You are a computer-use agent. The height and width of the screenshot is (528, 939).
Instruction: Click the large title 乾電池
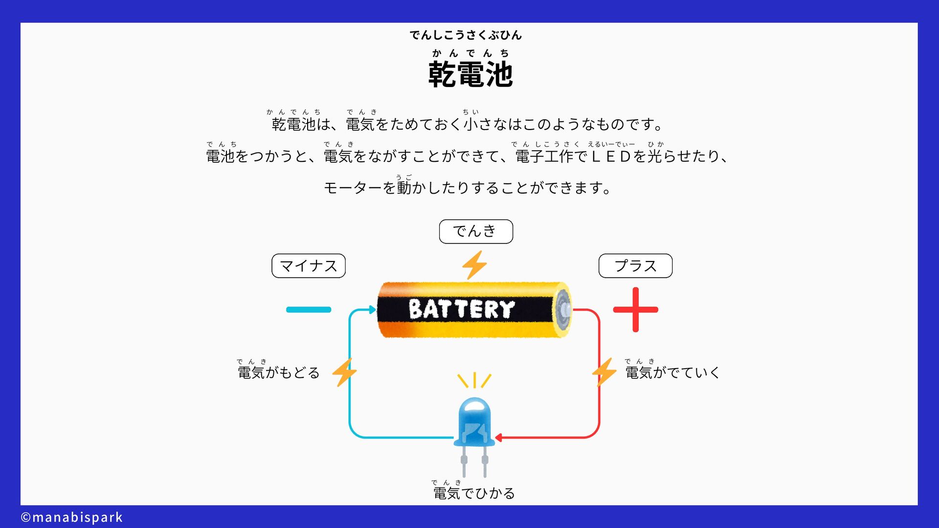click(x=470, y=74)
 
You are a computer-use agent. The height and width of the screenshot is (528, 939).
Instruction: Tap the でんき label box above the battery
click(x=475, y=231)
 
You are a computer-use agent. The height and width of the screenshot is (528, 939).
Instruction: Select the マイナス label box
click(x=308, y=266)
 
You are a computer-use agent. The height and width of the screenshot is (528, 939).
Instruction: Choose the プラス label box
click(x=635, y=266)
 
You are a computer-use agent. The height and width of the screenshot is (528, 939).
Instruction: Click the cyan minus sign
click(x=309, y=309)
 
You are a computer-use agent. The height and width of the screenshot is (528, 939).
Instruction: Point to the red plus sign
click(x=635, y=309)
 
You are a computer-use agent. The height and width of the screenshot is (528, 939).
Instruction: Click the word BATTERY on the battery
click(x=461, y=309)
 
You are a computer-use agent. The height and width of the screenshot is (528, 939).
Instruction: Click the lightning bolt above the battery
click(x=474, y=265)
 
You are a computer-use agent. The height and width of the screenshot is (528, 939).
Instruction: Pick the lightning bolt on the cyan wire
click(x=344, y=373)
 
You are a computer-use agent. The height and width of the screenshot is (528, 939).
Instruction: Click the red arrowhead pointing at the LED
click(x=499, y=438)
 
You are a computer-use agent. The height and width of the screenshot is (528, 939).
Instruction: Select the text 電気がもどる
click(x=278, y=373)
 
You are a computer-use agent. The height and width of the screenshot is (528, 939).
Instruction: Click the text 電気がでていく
click(x=672, y=373)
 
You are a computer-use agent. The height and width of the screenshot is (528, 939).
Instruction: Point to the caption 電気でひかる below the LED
click(x=474, y=493)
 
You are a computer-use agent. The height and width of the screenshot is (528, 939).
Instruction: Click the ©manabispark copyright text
click(x=72, y=517)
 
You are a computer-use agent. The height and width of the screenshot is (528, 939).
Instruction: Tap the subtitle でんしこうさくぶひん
click(x=466, y=35)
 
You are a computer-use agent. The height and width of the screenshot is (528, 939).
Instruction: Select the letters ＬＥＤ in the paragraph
click(x=611, y=156)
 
